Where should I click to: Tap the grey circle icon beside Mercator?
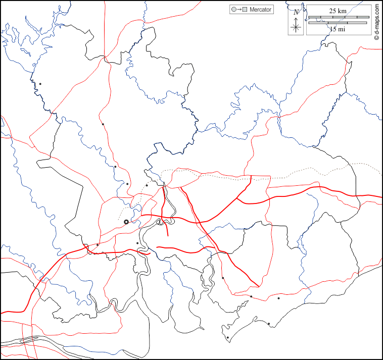tap(233, 10)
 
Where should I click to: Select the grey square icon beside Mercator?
tap(245, 10)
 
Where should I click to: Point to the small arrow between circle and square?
tap(239, 10)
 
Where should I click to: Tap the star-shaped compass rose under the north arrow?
tap(297, 27)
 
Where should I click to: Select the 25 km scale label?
tap(338, 11)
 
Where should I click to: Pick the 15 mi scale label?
tap(338, 29)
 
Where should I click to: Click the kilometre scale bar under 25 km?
tap(338, 17)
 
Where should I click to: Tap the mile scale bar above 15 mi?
tap(338, 23)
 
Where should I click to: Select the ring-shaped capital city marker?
tap(126, 222)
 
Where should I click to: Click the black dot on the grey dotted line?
tap(147, 185)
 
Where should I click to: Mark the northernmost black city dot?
tap(40, 84)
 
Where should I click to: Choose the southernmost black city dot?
tap(227, 338)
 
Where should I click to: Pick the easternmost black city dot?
tap(279, 298)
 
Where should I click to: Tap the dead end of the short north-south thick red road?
tap(168, 235)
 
